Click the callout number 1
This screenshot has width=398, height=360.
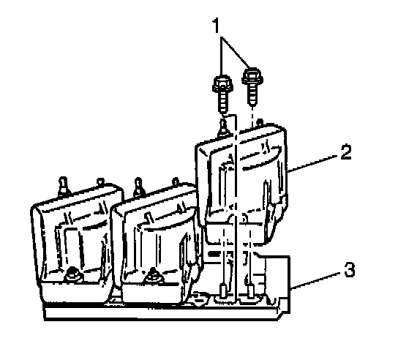click(216, 26)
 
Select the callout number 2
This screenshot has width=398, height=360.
click(346, 152)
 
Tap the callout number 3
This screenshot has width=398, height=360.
click(350, 269)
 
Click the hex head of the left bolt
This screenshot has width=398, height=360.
click(222, 83)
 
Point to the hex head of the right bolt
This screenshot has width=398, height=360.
click(252, 75)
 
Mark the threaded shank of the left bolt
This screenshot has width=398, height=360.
click(223, 102)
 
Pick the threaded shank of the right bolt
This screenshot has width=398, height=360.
click(252, 94)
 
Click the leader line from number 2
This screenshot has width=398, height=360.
click(314, 163)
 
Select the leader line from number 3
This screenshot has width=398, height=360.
click(317, 280)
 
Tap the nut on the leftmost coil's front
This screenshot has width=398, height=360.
click(72, 274)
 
